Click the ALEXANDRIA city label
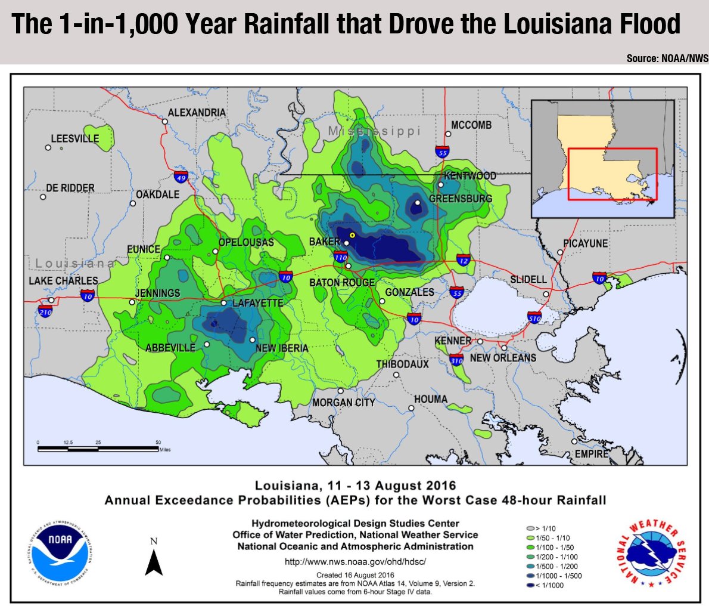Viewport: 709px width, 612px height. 197,113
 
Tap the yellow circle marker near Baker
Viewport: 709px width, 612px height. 352,236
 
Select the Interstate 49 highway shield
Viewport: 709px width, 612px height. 181,177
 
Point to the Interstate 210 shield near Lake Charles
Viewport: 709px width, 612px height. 45,311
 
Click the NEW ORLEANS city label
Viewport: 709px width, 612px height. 503,358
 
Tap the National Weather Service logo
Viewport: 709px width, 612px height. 652,552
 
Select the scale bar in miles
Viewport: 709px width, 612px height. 98,447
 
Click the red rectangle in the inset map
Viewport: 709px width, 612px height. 612,174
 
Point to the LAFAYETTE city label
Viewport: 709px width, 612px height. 257,303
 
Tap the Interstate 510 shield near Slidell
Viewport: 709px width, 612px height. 534,317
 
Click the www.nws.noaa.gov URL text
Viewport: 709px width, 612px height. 355,561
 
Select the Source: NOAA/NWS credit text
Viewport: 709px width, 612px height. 667,58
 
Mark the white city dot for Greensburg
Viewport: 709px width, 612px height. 418,203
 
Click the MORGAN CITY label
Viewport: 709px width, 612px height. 344,403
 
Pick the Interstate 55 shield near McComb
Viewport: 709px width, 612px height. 441,152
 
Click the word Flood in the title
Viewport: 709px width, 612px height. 645,24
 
